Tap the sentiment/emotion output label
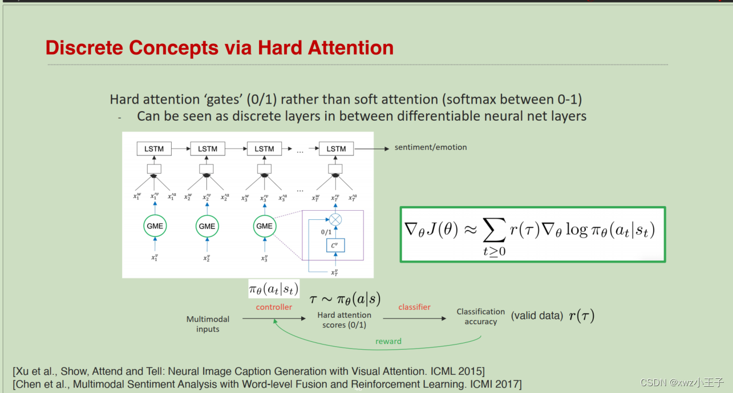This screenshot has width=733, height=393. pos(431,148)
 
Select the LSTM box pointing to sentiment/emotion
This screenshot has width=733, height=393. pos(336,149)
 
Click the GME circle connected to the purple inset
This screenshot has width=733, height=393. pos(264,226)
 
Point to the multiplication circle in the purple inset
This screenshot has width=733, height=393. pos(335,219)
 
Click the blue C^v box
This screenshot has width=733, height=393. pos(335,246)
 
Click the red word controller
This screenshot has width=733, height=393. pos(274,307)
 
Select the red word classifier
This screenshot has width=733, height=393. pos(414,307)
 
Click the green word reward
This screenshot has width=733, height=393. pos(388,341)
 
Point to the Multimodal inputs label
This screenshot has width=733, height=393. pos(208,324)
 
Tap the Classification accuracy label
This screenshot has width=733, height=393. pos(481,317)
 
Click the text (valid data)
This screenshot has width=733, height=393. pos(537,316)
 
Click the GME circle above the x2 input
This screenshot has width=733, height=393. pos(207,226)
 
